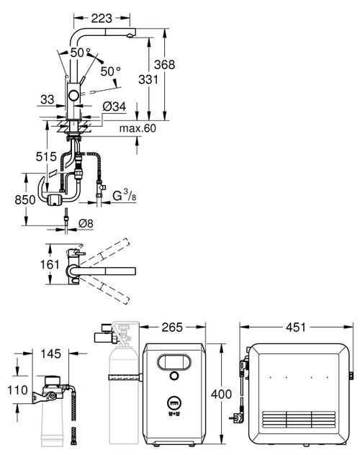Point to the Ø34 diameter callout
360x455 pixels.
pos(114,107)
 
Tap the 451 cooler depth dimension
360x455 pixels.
pos(296,327)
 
